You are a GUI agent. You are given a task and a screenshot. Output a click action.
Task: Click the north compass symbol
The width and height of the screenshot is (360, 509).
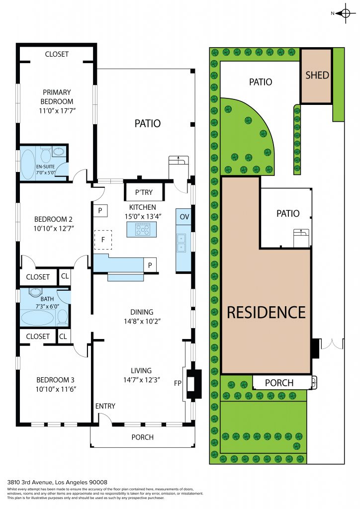pyautogui.click(x=345, y=13)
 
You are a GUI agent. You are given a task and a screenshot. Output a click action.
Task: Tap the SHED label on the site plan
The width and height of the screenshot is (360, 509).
pyautogui.click(x=317, y=76)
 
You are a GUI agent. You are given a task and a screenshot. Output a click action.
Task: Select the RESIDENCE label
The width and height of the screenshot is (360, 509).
pyautogui.click(x=266, y=312)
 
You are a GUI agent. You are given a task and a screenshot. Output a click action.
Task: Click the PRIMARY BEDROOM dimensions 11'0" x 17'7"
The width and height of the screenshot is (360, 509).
pyautogui.click(x=57, y=111)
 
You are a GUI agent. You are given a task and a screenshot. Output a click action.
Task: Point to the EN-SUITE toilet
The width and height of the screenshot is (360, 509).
pyautogui.click(x=45, y=154)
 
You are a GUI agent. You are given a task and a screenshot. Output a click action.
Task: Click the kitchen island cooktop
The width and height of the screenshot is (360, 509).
pyautogui.click(x=143, y=230)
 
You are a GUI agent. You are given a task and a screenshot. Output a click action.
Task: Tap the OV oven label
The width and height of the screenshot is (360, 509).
pyautogui.click(x=184, y=217)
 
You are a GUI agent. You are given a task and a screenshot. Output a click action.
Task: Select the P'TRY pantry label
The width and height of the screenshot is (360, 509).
pyautogui.click(x=144, y=192)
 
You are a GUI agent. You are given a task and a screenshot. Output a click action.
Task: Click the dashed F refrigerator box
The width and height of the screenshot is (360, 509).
pyautogui.click(x=103, y=240)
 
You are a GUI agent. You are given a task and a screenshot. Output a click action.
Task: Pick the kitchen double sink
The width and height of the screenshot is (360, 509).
pyautogui.click(x=181, y=243)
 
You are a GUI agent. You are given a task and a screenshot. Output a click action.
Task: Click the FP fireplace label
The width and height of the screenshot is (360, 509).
pyautogui.click(x=178, y=383)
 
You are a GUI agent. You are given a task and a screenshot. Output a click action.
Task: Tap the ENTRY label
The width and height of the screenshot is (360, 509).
pyautogui.click(x=105, y=406)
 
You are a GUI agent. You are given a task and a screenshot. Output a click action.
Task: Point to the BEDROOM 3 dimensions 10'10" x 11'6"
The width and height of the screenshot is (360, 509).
pyautogui.click(x=56, y=389)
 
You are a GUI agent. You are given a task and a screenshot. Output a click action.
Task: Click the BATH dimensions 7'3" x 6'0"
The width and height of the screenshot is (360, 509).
pyautogui.click(x=47, y=306)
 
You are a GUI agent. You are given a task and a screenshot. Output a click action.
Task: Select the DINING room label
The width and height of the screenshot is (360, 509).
pyautogui.click(x=142, y=312)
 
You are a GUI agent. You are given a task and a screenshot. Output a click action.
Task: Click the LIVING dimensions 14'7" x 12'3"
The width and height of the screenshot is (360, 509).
pyautogui.click(x=142, y=379)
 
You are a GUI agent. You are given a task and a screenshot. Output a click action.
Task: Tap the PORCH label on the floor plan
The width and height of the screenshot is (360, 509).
pyautogui.click(x=143, y=437)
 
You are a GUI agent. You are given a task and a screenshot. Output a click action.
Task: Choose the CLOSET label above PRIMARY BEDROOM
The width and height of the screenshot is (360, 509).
pyautogui.click(x=57, y=54)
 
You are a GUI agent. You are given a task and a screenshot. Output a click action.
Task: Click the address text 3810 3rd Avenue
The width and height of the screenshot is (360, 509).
pyautogui.click(x=30, y=482)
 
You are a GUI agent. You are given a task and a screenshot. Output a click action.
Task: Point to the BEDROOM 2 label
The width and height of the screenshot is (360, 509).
pyautogui.click(x=53, y=219)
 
